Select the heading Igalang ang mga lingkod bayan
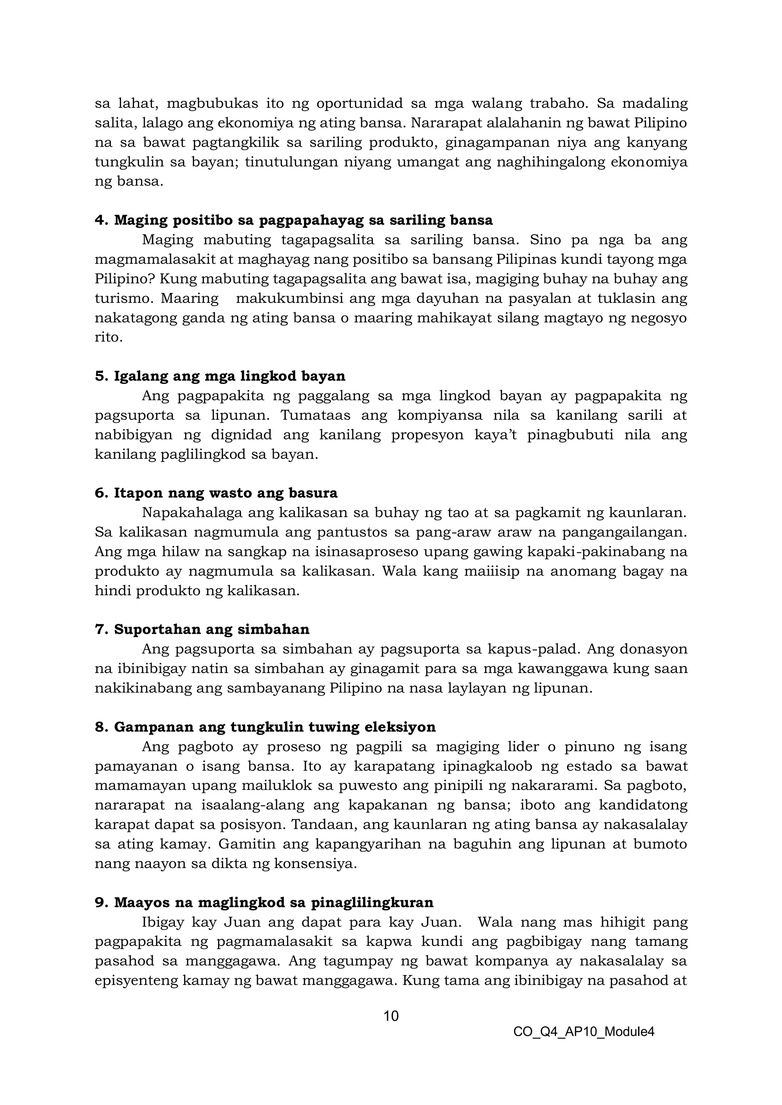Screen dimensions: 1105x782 pos(220,376)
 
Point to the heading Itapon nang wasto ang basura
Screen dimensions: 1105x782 pos(216,493)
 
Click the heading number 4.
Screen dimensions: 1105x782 pos(100,221)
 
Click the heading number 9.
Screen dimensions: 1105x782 pos(100,902)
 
